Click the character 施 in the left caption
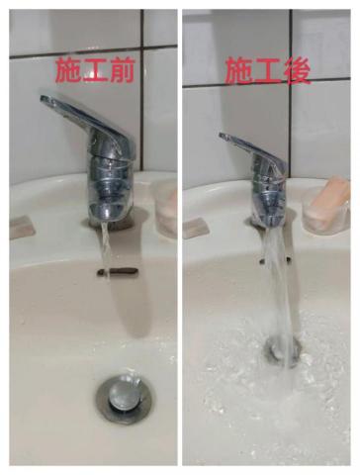pos(69,70)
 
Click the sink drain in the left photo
pos(125,395)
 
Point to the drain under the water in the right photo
pos(284,349)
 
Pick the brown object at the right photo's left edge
pos(196,227)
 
